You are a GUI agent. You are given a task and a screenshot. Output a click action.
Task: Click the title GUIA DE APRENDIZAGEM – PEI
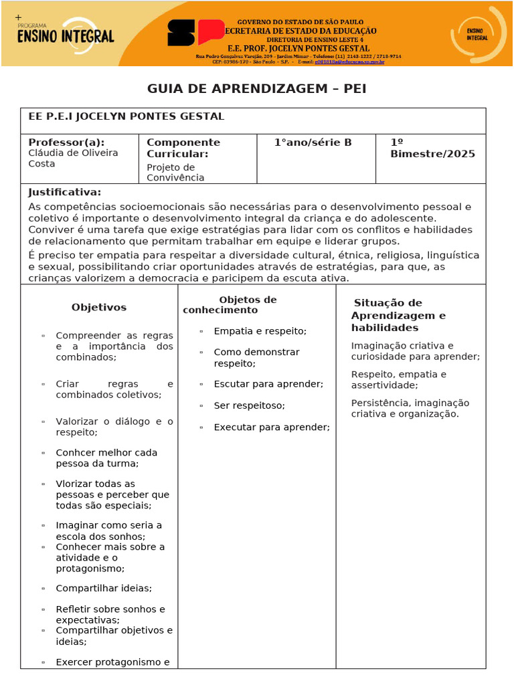click(256, 89)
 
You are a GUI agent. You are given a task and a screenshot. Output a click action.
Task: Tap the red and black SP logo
click(195, 32)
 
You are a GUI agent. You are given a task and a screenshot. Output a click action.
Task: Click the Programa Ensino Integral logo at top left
click(66, 33)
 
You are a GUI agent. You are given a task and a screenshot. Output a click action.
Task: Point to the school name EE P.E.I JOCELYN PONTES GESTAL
click(126, 116)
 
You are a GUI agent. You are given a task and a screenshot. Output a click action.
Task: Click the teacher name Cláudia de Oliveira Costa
click(73, 159)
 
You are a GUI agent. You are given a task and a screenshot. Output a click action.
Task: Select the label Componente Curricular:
click(183, 148)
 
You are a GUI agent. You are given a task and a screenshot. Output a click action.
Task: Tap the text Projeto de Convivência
click(175, 172)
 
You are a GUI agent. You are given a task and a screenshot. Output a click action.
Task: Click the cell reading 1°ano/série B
click(313, 142)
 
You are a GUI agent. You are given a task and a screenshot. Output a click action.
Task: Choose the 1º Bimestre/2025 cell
click(432, 148)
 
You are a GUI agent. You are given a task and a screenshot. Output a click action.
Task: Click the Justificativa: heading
click(64, 192)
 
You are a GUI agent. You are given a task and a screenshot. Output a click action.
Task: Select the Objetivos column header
click(99, 308)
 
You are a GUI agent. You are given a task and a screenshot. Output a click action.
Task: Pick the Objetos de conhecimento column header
click(230, 305)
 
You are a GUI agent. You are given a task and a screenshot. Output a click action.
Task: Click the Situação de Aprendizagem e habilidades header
click(398, 315)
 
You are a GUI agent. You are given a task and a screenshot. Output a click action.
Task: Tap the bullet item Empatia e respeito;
click(260, 331)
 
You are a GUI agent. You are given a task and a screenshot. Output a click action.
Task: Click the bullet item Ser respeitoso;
click(249, 405)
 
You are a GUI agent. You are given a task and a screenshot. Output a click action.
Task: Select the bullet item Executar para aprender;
click(271, 427)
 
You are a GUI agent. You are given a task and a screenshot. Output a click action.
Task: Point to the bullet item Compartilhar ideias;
click(104, 588)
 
